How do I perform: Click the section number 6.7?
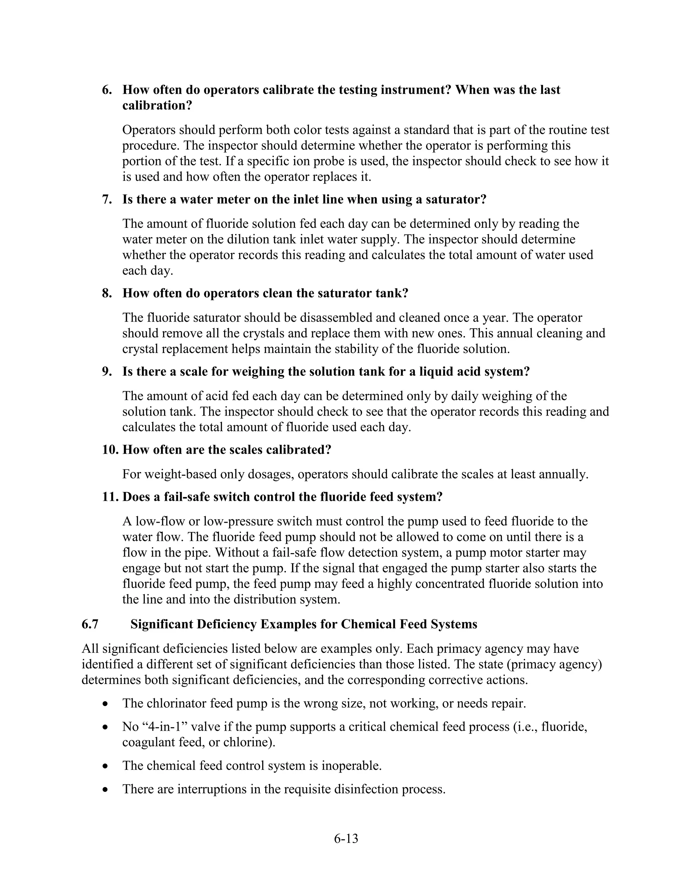tap(90, 624)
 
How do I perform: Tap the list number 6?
tap(107, 90)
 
